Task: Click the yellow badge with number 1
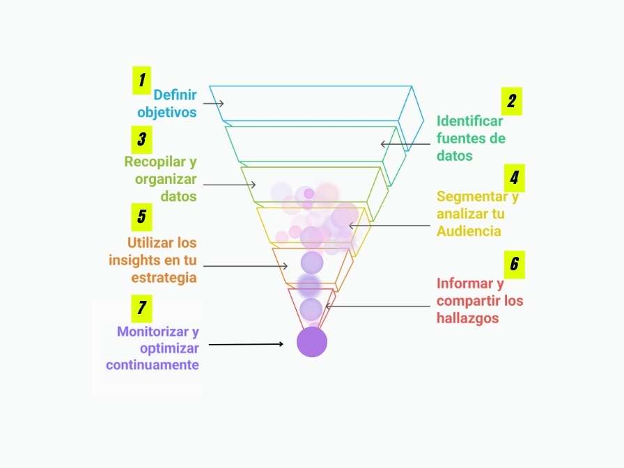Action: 141,80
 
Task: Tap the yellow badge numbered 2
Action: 512,102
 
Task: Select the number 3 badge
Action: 141,140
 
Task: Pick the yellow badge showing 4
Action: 515,178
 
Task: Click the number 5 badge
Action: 141,217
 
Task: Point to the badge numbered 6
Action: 515,265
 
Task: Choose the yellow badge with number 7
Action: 141,309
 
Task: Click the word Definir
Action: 175,95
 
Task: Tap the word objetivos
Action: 167,112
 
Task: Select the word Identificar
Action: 469,121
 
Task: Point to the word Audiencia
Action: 469,231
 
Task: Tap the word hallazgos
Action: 467,318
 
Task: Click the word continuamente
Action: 153,365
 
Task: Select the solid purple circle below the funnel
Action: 312,342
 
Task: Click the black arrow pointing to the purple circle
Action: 246,344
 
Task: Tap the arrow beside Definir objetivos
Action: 213,104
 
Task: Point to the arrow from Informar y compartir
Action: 377,306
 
